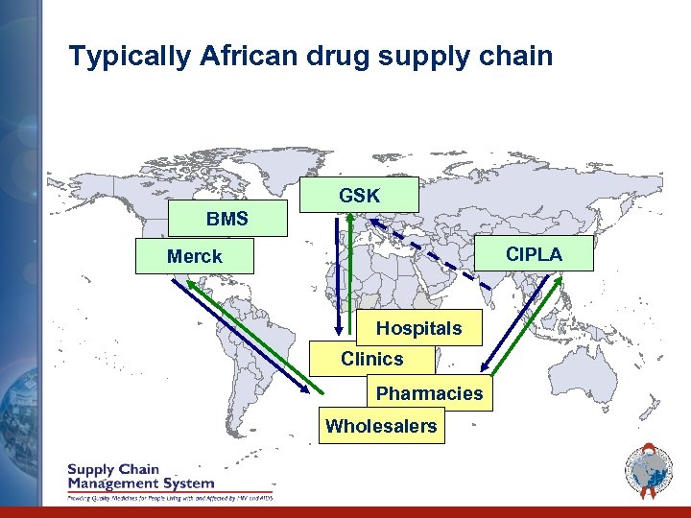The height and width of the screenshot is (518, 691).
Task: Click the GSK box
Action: [x=359, y=195]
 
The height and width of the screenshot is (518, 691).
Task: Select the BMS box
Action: [x=227, y=219]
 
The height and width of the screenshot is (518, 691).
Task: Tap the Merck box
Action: [x=195, y=256]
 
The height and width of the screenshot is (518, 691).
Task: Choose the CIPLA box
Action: [x=534, y=254]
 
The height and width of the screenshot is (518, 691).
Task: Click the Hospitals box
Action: [x=418, y=328]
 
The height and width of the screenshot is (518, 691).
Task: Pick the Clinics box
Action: [x=371, y=359]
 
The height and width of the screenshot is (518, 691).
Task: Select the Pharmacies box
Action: [x=429, y=393]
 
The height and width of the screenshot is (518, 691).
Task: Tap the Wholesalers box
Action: [x=381, y=426]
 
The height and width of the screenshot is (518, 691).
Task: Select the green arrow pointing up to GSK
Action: [x=351, y=269]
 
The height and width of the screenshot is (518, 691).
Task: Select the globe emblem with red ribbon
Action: [x=650, y=473]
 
